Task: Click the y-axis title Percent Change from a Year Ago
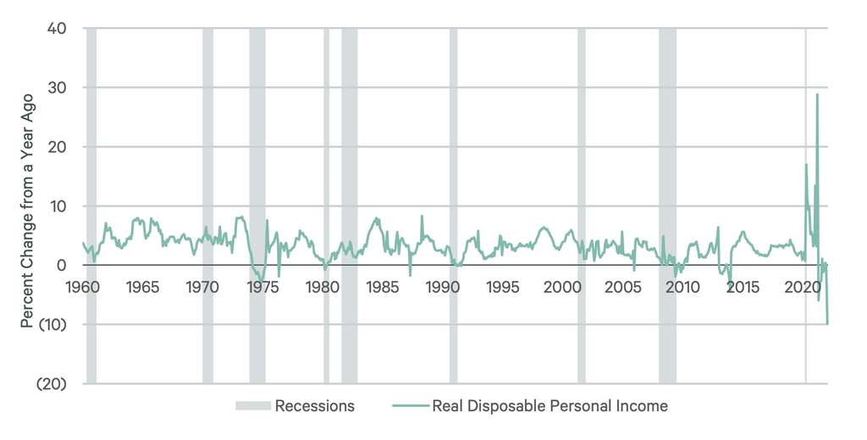[27, 206]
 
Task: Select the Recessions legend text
[314, 406]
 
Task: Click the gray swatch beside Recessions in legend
[252, 406]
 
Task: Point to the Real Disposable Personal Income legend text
[549, 406]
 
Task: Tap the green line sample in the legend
[410, 406]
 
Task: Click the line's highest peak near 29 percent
[817, 94]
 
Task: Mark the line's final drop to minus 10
[827, 323]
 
